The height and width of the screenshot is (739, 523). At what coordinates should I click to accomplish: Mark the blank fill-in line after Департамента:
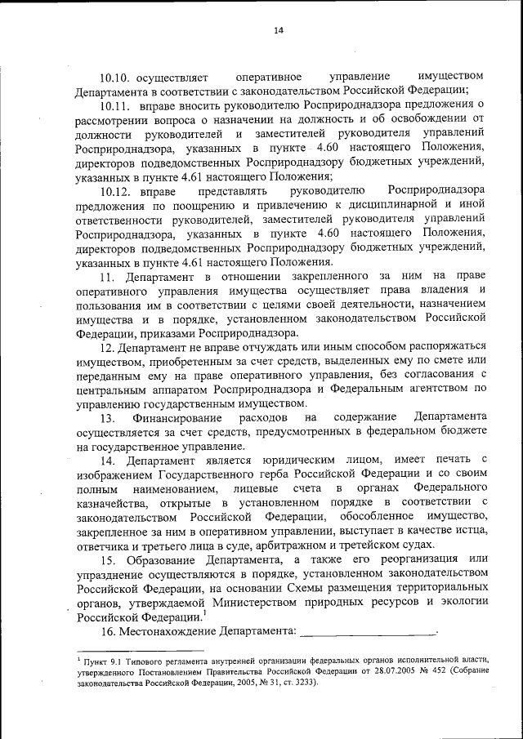tap(369, 633)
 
